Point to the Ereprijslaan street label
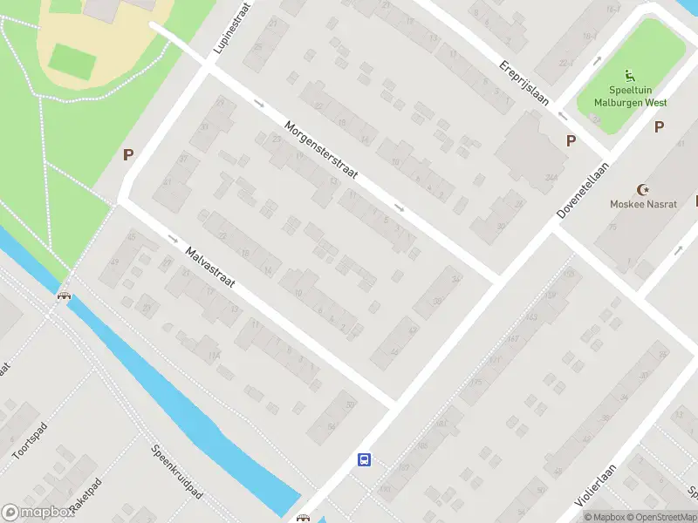pyautogui.click(x=524, y=82)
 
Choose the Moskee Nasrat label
pyautogui.click(x=644, y=204)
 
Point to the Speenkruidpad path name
pyautogui.click(x=176, y=472)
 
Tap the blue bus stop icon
pyautogui.click(x=365, y=459)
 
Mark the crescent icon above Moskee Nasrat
pyautogui.click(x=644, y=189)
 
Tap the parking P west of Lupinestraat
pyautogui.click(x=128, y=155)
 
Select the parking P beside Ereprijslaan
pyautogui.click(x=571, y=140)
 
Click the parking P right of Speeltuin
pyautogui.click(x=660, y=127)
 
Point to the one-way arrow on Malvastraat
pyautogui.click(x=173, y=238)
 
